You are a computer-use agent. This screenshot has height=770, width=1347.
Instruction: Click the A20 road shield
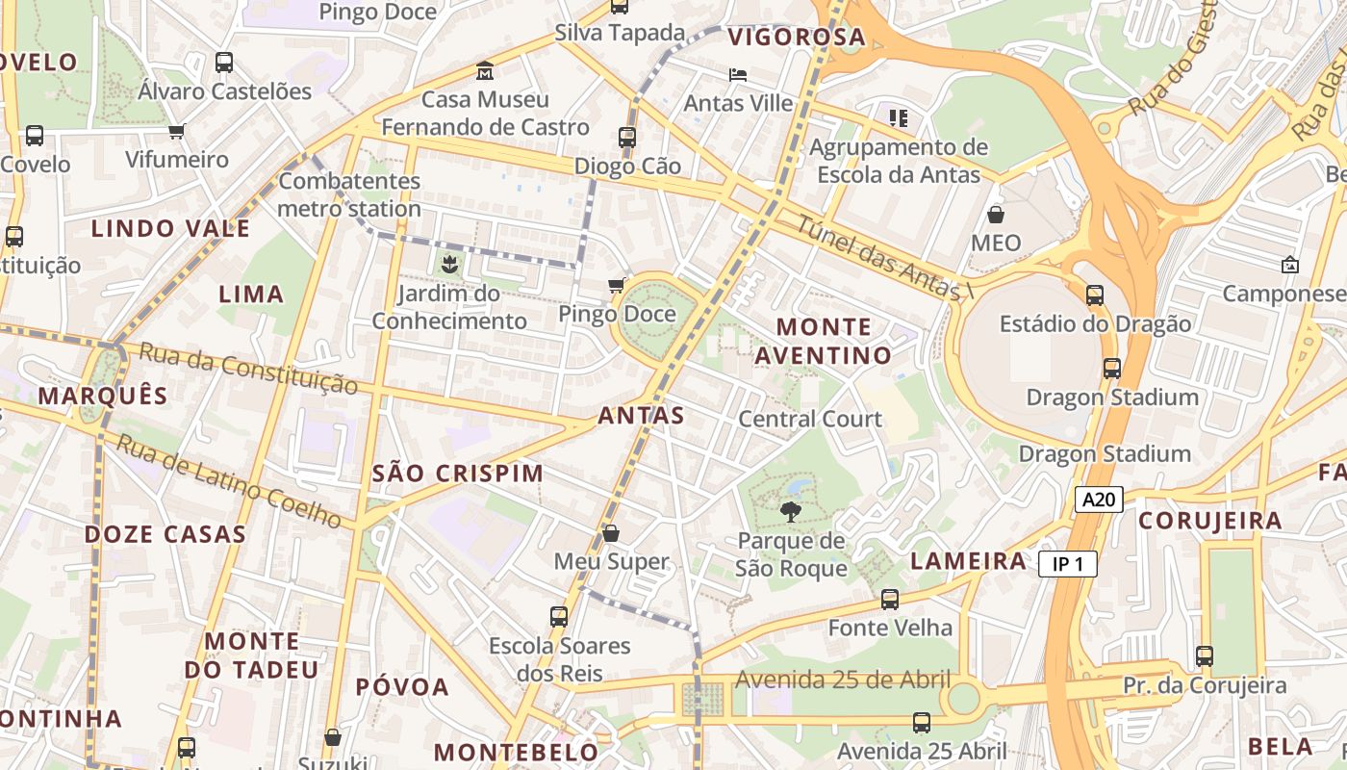(x=1099, y=499)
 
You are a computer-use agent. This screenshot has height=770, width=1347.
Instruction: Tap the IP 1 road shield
(x=1068, y=564)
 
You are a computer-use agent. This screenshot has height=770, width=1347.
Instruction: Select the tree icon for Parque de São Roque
(x=791, y=512)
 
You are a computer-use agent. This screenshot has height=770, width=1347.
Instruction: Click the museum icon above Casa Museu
(x=485, y=70)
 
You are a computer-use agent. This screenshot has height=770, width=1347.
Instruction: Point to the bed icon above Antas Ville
(x=738, y=75)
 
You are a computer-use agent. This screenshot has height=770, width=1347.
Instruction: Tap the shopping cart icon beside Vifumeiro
(x=176, y=131)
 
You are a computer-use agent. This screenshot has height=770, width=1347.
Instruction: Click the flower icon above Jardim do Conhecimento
(x=448, y=263)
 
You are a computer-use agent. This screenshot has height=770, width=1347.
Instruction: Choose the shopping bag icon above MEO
(x=995, y=214)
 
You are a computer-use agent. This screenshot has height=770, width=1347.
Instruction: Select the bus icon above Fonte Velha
(x=890, y=600)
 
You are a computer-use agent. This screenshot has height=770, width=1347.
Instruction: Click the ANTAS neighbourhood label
(x=641, y=416)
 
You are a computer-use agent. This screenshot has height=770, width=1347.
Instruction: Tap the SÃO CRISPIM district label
(x=458, y=474)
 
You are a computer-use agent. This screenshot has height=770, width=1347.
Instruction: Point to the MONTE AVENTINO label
(x=823, y=341)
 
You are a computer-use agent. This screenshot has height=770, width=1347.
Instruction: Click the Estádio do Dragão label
(x=1095, y=323)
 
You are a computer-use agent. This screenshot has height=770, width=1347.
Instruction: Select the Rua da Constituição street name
(x=248, y=368)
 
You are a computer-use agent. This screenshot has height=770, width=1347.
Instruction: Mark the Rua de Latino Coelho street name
(x=229, y=481)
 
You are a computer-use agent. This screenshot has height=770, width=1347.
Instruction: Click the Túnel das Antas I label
(x=877, y=255)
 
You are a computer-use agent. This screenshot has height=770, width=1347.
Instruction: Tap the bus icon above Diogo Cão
(x=627, y=138)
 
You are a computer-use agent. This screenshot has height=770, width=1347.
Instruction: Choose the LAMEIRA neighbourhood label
(x=968, y=561)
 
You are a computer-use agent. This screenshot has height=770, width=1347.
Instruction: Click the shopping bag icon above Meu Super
(x=610, y=533)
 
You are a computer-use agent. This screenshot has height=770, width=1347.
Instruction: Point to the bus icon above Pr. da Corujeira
(x=1204, y=656)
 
